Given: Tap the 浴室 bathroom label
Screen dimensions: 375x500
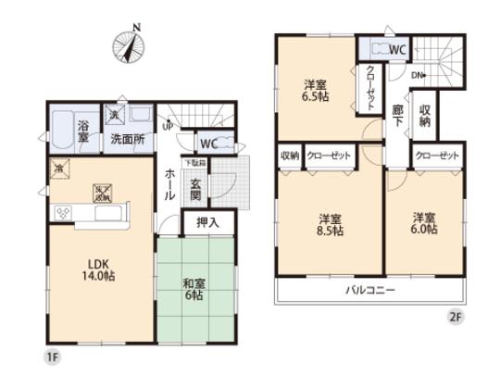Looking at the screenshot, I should click(83, 131).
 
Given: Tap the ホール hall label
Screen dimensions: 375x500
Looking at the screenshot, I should click(170, 184).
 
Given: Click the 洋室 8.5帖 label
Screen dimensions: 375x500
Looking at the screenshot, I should click(330, 225).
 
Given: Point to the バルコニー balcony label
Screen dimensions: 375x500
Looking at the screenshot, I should click(371, 290).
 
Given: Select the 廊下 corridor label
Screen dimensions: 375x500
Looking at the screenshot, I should click(396, 114).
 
